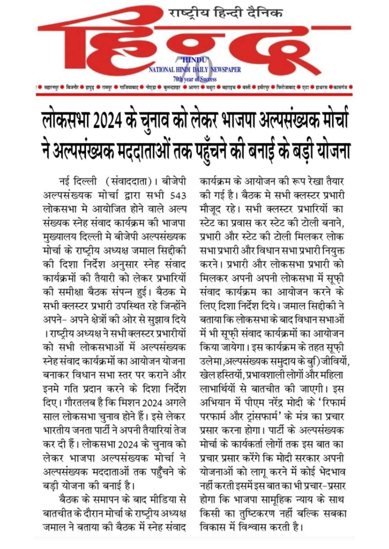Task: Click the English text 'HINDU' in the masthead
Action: coord(195,60)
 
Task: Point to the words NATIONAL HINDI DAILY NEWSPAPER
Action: coord(195,69)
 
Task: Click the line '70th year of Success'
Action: coord(195,79)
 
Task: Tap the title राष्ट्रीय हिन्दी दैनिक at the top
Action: coord(226,13)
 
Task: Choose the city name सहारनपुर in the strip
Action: coord(51,88)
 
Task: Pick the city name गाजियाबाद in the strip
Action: coord(129,88)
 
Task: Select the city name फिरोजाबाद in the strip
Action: coord(286,88)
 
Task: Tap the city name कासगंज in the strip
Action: coord(340,88)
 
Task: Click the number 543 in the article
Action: coord(178,196)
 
